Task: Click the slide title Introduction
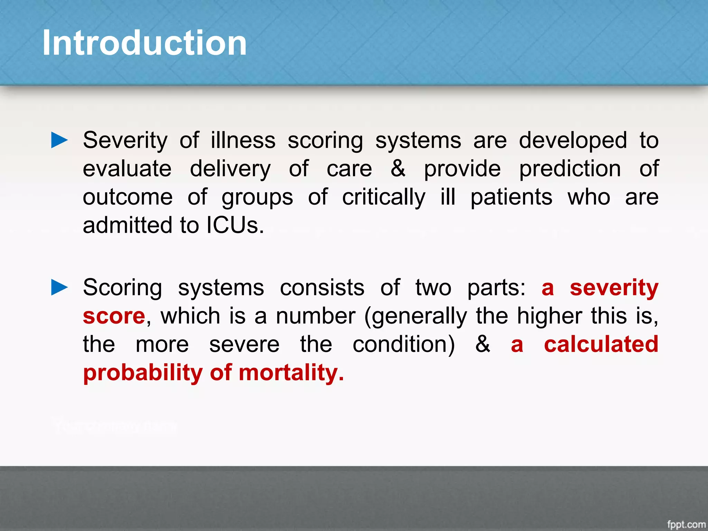[145, 43]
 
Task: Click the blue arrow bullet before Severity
[59, 140]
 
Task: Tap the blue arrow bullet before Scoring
[59, 287]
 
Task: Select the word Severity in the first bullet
[125, 141]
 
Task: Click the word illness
[243, 141]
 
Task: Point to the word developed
[573, 141]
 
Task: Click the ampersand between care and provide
[398, 169]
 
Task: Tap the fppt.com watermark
[686, 524]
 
